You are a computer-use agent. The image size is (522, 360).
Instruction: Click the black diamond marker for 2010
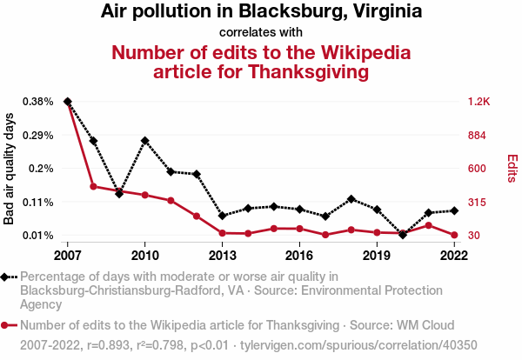(144, 140)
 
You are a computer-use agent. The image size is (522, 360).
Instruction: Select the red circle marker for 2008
(93, 186)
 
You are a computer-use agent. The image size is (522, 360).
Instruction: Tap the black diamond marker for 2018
(351, 199)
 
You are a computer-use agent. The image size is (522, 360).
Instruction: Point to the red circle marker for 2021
(428, 225)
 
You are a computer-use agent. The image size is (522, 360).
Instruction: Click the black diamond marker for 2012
(197, 174)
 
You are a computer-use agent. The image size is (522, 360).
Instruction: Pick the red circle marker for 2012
(197, 216)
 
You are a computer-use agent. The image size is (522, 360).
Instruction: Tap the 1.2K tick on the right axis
(479, 102)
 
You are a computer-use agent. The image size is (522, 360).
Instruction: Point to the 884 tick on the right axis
(478, 135)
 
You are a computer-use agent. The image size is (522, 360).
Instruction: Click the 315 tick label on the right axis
(478, 202)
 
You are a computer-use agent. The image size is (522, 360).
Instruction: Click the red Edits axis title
(512, 169)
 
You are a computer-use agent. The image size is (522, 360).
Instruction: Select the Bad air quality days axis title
(10, 169)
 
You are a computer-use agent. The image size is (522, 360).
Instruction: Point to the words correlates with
(261, 32)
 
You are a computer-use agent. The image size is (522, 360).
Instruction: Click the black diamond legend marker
(10, 277)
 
